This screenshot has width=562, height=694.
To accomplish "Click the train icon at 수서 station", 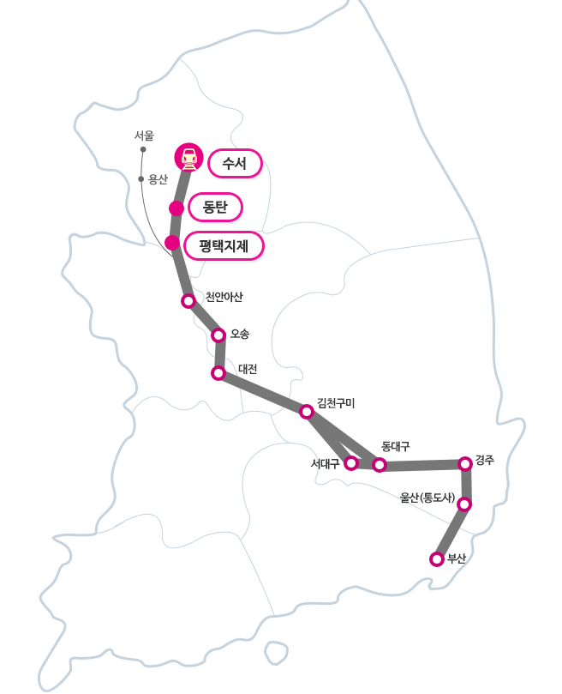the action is (x=188, y=157).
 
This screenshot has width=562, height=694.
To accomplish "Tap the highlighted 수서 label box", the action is (x=234, y=163).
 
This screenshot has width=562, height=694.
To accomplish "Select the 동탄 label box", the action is (x=215, y=207).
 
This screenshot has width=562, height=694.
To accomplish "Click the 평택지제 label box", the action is (x=224, y=246).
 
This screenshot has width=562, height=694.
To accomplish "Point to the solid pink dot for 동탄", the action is (x=176, y=208).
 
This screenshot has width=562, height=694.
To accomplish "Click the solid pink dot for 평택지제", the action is (x=172, y=243).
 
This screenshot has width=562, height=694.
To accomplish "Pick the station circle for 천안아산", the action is (x=188, y=301).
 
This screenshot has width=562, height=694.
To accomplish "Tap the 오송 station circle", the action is (x=218, y=335).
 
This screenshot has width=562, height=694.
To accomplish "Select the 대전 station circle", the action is (x=218, y=373).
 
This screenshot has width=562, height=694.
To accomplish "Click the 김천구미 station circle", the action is (x=307, y=412).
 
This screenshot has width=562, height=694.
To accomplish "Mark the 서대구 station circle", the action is (x=350, y=463).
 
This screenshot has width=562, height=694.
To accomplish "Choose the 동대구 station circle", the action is (x=380, y=465).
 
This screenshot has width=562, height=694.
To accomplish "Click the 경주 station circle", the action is (x=465, y=464).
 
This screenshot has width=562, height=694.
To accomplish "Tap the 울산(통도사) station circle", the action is (x=463, y=504).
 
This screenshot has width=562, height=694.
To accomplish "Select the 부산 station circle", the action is (x=437, y=559).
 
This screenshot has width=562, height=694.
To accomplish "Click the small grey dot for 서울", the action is (x=143, y=149).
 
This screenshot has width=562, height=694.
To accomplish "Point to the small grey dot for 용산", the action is (x=140, y=178).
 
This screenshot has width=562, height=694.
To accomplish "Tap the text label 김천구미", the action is (x=336, y=402).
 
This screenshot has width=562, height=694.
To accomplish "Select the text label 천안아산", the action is (x=224, y=298).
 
